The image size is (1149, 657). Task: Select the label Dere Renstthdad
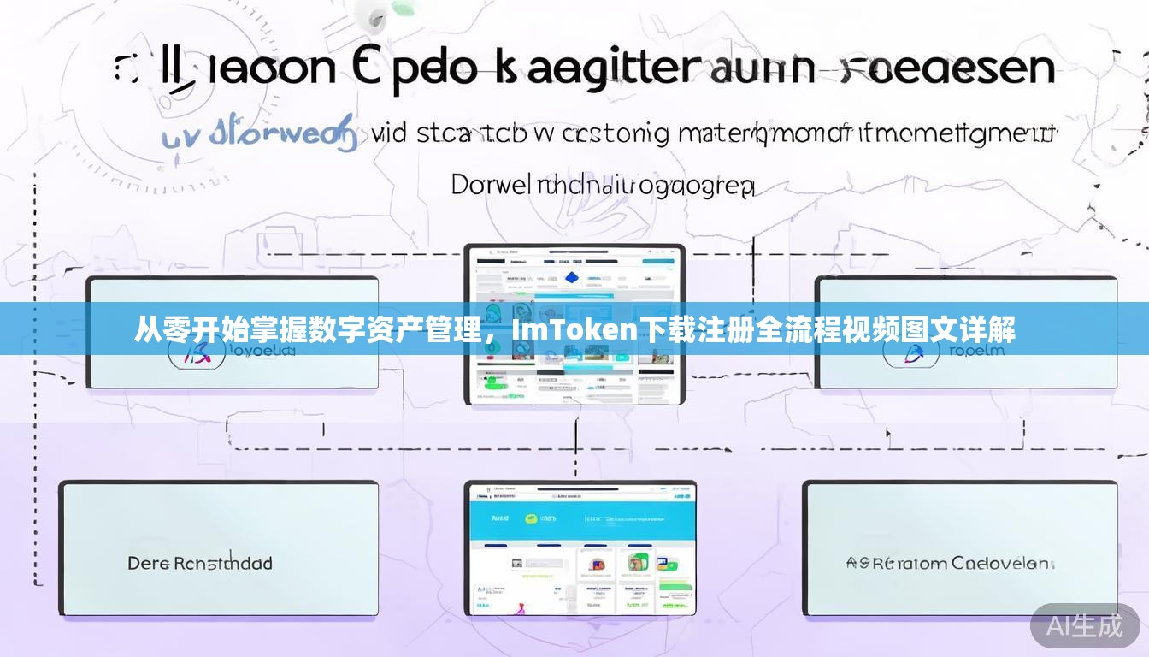click(200, 563)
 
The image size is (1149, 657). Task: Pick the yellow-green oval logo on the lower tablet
click(531, 518)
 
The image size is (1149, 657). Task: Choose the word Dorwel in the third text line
click(491, 184)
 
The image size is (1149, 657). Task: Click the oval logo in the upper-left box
click(196, 352)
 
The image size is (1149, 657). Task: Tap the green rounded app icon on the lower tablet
click(664, 564)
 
